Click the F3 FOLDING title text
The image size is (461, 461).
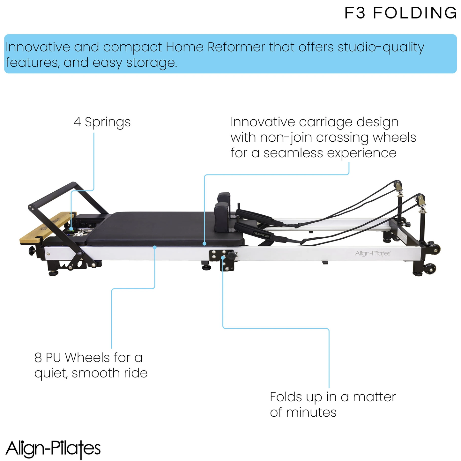400,13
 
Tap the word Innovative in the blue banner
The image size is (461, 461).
38,47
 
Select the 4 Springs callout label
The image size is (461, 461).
102,122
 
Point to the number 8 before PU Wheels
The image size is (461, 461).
38,358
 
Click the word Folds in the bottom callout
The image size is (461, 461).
286,397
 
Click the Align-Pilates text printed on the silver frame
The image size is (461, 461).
373,253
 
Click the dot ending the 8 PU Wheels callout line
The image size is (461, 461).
155,247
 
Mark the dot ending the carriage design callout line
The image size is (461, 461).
204,244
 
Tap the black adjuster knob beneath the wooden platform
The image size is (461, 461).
32,251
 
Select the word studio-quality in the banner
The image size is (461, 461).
381,47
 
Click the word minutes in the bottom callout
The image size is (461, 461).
311,412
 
